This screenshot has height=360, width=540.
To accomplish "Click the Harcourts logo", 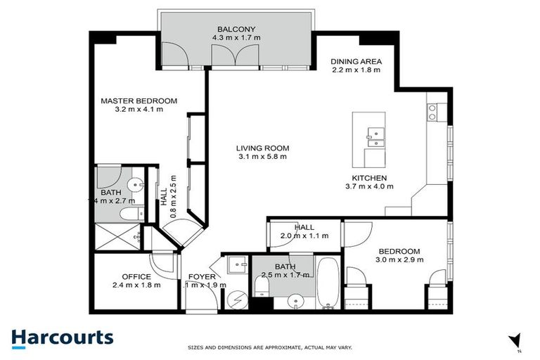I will (62, 337).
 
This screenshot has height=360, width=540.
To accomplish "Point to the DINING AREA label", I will (356, 61).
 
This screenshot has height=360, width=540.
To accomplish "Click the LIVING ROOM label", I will (262, 148).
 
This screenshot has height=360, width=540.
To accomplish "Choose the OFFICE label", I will (136, 276).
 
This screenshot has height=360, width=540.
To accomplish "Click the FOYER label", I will (204, 276).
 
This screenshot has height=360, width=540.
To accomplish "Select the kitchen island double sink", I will (374, 136).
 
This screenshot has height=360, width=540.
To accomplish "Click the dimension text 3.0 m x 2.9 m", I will (399, 260).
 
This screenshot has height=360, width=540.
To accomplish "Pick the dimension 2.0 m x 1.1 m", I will (304, 236).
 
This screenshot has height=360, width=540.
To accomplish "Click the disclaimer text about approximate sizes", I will (270, 347).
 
